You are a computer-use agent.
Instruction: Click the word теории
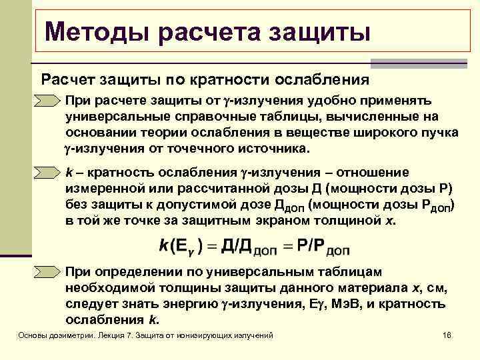[170, 133]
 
